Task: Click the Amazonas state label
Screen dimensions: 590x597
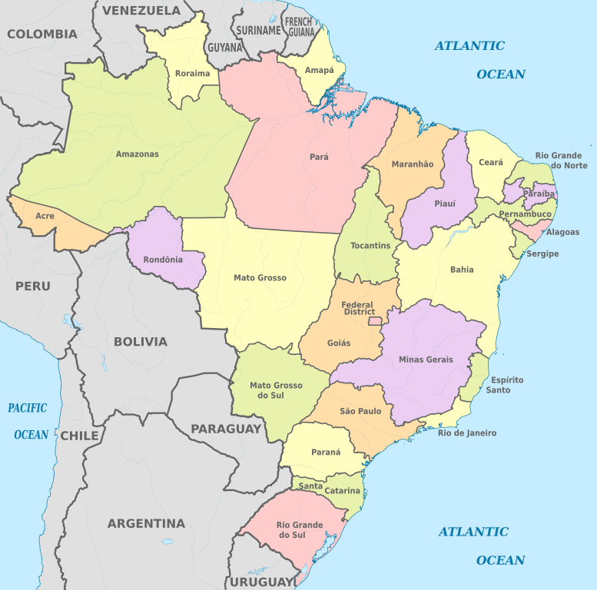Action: [137, 154]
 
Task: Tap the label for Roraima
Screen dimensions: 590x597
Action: [192, 74]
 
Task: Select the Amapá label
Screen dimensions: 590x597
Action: [320, 71]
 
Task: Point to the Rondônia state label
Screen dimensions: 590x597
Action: [163, 260]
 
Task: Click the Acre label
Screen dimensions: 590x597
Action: [45, 216]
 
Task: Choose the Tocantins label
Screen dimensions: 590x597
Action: [370, 246]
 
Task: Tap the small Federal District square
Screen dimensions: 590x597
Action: [376, 320]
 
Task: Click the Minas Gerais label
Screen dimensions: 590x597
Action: [426, 360]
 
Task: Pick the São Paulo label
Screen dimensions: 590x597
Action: [360, 412]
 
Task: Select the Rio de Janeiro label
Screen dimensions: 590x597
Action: [467, 433]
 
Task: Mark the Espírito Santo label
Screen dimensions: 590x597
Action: [507, 385]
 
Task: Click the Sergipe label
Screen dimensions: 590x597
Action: [542, 254]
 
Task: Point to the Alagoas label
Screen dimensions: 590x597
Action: [563, 232]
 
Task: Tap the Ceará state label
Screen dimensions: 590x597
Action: [491, 163]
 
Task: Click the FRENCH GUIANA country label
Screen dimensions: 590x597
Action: [300, 27]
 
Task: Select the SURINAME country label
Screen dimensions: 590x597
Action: [258, 31]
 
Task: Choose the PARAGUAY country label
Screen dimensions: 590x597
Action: [226, 429]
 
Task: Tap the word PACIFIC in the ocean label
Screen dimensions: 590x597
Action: [28, 408]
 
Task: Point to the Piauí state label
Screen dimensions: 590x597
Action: [445, 204]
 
